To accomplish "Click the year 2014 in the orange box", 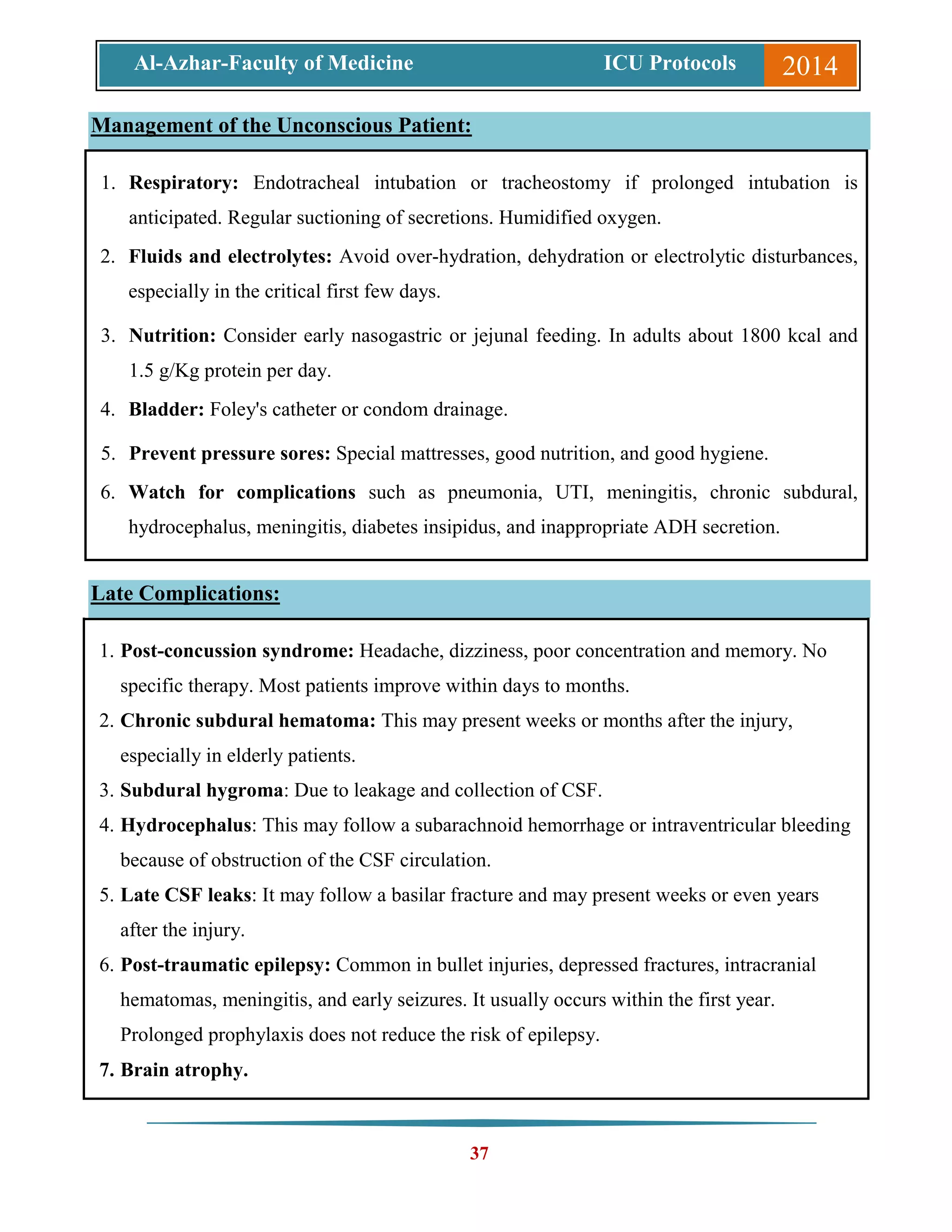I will [809, 66].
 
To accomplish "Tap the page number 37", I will [479, 1153].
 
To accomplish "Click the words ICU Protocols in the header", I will [669, 63].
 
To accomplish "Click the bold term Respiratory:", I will [183, 183].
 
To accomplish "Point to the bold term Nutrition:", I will [172, 336].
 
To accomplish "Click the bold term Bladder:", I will [166, 410].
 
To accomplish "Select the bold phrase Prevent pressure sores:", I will [229, 454].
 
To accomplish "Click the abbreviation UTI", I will [574, 492].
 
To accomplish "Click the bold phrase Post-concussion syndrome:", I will [237, 651].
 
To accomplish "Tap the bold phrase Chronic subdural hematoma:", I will [248, 721].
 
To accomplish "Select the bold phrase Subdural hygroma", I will [201, 790].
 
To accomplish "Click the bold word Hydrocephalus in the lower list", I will [185, 825].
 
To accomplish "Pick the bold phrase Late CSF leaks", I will [185, 895].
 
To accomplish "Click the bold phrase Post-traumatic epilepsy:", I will [225, 965].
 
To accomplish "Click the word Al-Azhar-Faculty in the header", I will [217, 63].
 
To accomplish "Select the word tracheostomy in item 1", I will [555, 183].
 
